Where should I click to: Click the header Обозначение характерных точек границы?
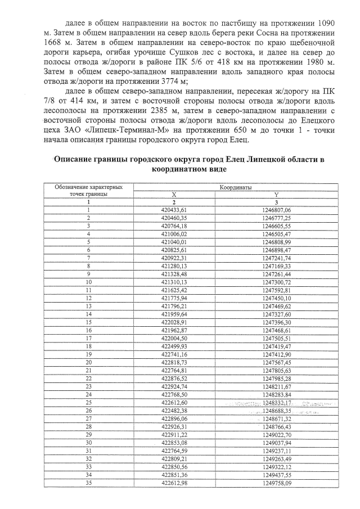pyautogui.click(x=88, y=190)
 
